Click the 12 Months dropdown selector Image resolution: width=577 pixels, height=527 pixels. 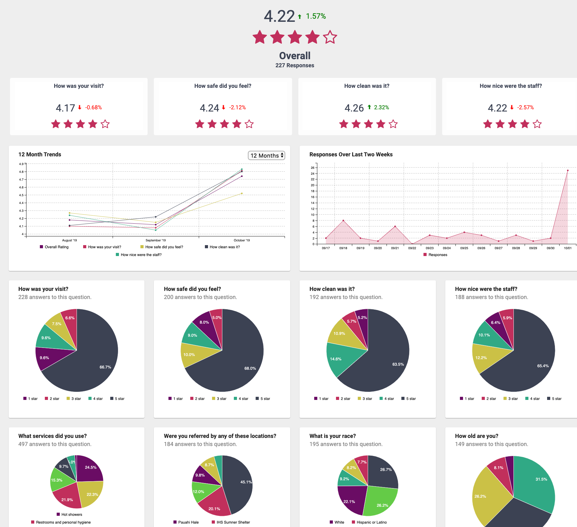(x=266, y=155)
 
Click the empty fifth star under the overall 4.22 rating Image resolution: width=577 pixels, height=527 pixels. (x=330, y=37)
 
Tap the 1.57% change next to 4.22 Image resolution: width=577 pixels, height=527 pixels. (x=315, y=16)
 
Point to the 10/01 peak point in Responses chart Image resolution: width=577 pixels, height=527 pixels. (x=568, y=170)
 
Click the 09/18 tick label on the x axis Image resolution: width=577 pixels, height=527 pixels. (x=343, y=248)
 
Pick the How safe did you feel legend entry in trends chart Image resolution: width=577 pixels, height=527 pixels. (x=164, y=247)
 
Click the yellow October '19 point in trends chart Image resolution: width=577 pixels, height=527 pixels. (x=242, y=193)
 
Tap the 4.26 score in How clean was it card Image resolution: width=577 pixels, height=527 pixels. (x=354, y=108)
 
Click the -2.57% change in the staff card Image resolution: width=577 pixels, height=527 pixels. (x=525, y=107)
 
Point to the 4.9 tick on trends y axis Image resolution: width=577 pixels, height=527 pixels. (x=21, y=164)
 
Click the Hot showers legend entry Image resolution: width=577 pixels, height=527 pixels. (x=72, y=515)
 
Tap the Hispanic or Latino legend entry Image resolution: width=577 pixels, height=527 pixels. (x=371, y=522)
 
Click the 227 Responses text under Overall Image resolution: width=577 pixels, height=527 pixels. (x=295, y=65)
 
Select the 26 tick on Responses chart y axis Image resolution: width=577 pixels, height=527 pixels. (x=312, y=168)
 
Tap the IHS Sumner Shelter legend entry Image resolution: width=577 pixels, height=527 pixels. (x=233, y=522)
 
